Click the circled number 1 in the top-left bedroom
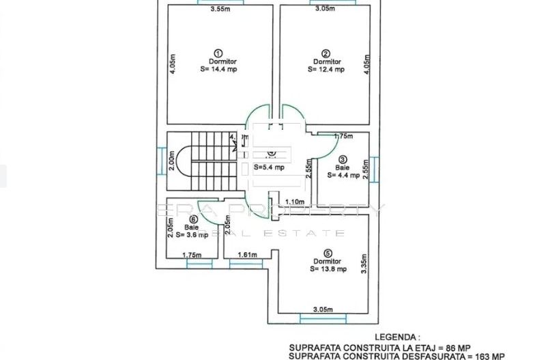(x=218, y=53)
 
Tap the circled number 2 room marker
(x=326, y=53)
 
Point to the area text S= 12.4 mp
(x=326, y=69)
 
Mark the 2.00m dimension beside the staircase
(x=173, y=162)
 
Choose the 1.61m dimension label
(x=247, y=255)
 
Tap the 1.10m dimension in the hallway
(x=294, y=202)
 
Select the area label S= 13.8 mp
(x=328, y=269)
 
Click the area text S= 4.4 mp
(x=342, y=175)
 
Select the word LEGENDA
(x=397, y=337)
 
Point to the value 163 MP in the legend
(x=489, y=356)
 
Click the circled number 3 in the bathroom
(x=343, y=159)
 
